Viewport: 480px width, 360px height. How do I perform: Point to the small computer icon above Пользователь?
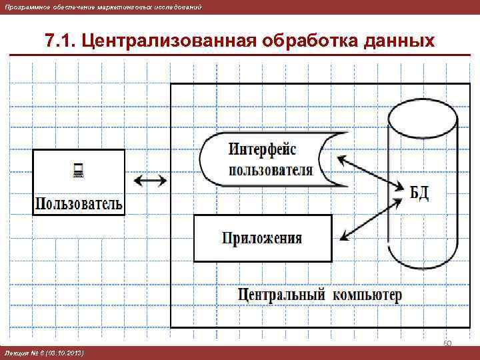click(77, 172)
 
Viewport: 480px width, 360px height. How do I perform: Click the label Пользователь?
click(79, 203)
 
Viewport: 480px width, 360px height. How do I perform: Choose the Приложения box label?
click(262, 238)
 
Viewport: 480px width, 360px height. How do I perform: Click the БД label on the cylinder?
click(419, 193)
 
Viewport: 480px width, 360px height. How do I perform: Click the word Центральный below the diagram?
click(281, 294)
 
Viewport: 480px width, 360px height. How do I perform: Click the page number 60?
click(447, 343)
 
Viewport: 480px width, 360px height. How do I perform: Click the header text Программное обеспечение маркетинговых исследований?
click(103, 6)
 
